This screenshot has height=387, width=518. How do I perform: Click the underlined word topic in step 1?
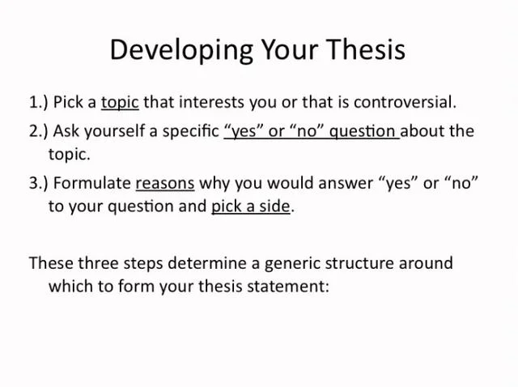[x=120, y=103]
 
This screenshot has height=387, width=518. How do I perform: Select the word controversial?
[x=405, y=103]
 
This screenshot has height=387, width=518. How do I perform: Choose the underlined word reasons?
[x=165, y=182]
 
